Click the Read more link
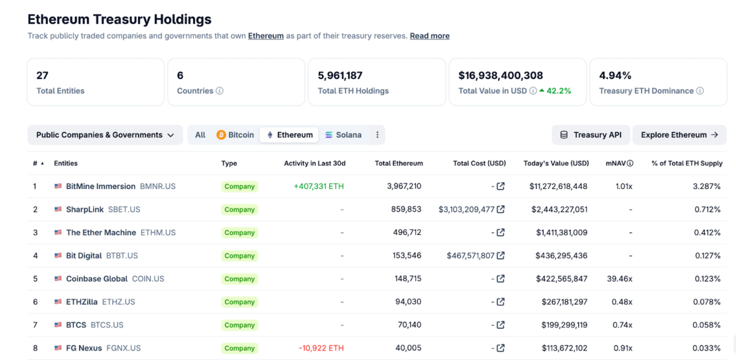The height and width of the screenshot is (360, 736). tap(429, 36)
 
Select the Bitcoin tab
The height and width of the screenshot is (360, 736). tap(235, 135)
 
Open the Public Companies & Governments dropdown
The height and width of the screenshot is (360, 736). tap(105, 135)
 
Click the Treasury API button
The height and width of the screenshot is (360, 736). tap(591, 135)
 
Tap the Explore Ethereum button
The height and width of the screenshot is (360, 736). tap(679, 135)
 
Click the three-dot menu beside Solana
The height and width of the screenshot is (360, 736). tap(377, 135)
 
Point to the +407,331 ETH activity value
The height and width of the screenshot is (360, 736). tap(319, 186)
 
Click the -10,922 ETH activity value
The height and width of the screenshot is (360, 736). tap(321, 348)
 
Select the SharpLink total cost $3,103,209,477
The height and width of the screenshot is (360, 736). tap(466, 210)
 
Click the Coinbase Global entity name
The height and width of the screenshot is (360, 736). tap(96, 279)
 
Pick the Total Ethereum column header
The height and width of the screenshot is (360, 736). tap(399, 164)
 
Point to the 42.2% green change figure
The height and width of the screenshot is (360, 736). tap(558, 91)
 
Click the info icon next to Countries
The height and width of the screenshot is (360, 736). tap(220, 91)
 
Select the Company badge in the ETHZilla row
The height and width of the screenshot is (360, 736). tap(239, 302)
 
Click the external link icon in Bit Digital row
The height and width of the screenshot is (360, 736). tap(500, 256)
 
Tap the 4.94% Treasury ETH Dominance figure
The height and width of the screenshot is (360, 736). tap(615, 76)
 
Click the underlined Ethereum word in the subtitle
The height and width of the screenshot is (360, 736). tap(266, 36)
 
